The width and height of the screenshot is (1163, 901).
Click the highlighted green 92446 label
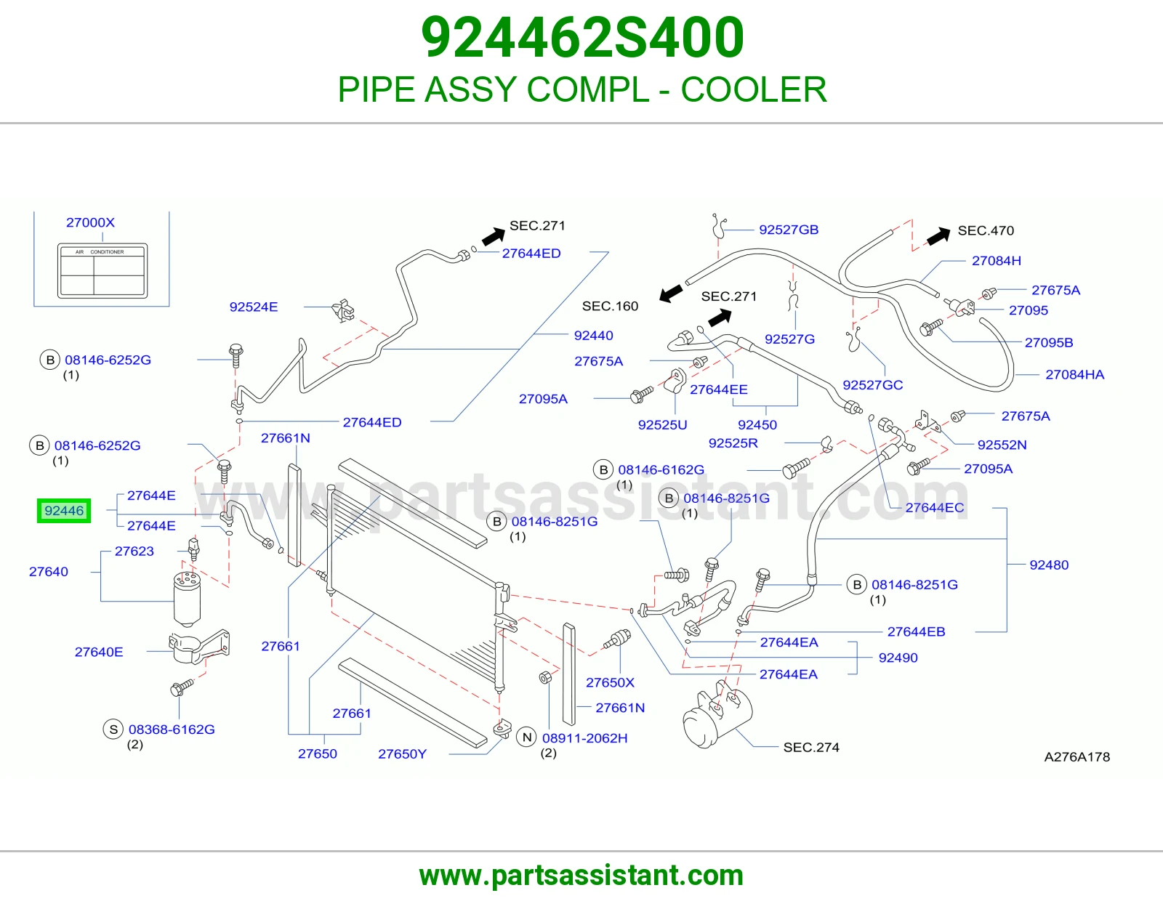[x=64, y=510]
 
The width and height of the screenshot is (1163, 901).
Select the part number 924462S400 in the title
[x=582, y=37]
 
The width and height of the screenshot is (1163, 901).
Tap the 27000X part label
[x=90, y=222]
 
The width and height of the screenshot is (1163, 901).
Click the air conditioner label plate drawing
[x=102, y=271]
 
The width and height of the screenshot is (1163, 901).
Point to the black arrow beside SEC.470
[x=938, y=236]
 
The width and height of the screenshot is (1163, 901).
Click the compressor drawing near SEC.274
[x=717, y=714]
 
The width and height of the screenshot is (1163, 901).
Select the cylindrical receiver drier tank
[x=187, y=599]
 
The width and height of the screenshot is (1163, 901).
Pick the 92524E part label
[x=254, y=307]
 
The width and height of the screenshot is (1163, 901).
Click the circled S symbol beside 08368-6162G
[x=113, y=730]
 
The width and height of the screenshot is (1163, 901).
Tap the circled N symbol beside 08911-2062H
[x=527, y=738]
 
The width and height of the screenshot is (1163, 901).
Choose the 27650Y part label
[x=403, y=754]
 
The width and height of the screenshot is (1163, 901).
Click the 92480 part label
[x=1049, y=565]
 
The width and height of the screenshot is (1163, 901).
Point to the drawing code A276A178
[x=1077, y=757]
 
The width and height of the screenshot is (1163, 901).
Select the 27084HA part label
[x=1075, y=374]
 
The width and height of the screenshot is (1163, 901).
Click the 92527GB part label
[x=789, y=230]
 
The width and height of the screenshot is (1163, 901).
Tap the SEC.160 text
[x=610, y=306]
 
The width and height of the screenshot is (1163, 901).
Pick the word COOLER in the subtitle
[x=754, y=89]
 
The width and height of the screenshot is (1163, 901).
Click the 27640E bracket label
[x=99, y=652]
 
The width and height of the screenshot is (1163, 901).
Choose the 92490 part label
[x=898, y=658]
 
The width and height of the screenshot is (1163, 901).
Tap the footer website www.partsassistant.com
[x=581, y=876]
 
